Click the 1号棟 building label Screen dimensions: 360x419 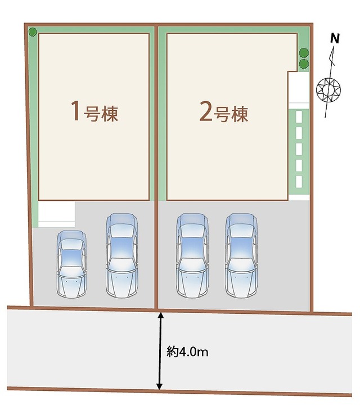[x=94, y=111]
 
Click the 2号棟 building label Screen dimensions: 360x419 [x=224, y=113]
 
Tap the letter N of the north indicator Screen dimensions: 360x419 [x=335, y=38]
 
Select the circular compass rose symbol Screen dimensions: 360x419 [x=328, y=89]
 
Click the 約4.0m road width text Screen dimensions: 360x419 [x=187, y=352]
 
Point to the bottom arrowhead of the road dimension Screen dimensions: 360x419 [x=160, y=386]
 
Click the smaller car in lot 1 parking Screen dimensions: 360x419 [x=71, y=264]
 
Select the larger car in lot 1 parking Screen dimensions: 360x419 [x=122, y=255]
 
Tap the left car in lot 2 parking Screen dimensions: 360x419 [x=192, y=255]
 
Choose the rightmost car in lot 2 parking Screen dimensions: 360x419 [x=241, y=255]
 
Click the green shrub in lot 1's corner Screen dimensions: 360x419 [x=33, y=32]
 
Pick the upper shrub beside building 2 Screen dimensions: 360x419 [x=304, y=53]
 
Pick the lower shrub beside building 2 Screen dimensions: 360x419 [x=304, y=64]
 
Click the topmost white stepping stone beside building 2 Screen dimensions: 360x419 [x=299, y=117]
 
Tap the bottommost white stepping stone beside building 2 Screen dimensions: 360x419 [x=299, y=182]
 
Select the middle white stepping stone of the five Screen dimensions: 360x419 [x=299, y=149]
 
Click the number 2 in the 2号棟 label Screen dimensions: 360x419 [x=206, y=113]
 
